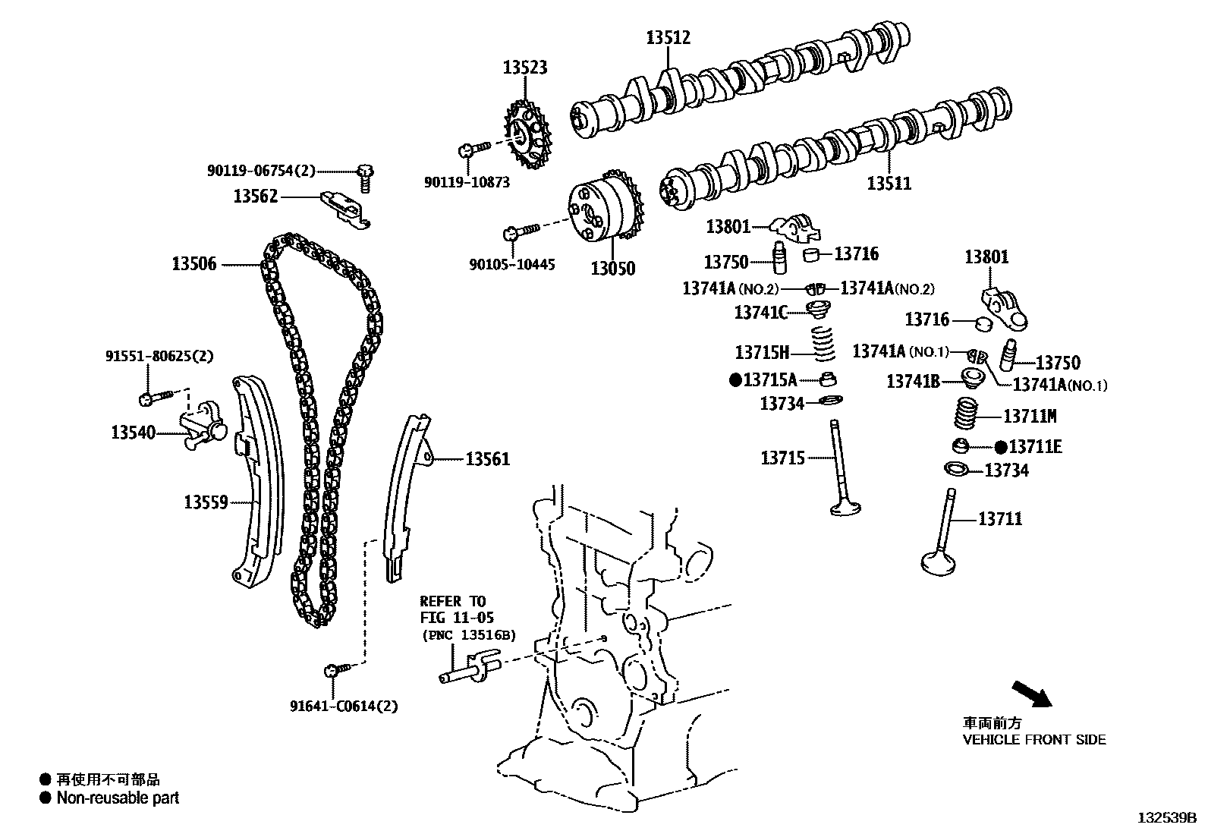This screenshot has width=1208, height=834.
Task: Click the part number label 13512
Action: click(668, 37)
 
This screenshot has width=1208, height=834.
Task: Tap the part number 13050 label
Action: click(613, 269)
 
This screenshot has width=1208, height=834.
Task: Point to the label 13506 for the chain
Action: click(193, 264)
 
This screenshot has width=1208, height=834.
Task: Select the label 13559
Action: click(206, 502)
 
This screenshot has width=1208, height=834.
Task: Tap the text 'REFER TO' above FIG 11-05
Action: click(453, 602)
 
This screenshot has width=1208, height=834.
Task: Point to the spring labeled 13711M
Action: click(964, 417)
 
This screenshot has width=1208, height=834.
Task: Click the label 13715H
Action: click(762, 352)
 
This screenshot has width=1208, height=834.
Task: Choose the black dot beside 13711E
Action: click(1001, 447)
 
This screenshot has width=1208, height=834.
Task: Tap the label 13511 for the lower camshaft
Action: click(889, 184)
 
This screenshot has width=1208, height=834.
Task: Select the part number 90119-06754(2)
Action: click(260, 172)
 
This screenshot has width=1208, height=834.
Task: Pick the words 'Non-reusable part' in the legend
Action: click(118, 798)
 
